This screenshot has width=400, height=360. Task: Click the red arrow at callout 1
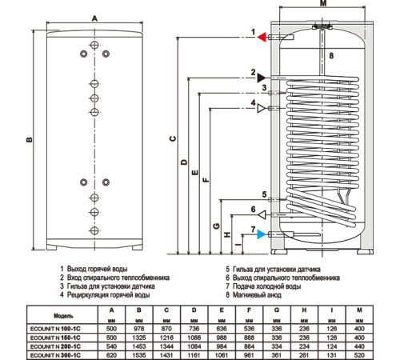(x=262, y=37)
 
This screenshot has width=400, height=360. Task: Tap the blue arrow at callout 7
(x=262, y=234)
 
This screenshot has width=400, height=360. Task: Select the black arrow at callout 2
(x=262, y=78)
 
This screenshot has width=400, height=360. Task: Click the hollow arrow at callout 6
(x=262, y=214)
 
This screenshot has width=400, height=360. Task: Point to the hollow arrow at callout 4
(x=262, y=108)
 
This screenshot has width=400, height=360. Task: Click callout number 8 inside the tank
(x=331, y=55)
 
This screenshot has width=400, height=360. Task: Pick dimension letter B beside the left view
(x=30, y=139)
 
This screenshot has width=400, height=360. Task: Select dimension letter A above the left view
(x=94, y=18)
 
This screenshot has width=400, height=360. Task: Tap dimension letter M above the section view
(x=323, y=3)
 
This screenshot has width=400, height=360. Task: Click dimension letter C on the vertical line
(x=173, y=138)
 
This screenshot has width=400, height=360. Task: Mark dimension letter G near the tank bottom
(x=217, y=226)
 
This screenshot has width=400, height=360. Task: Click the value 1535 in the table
(x=139, y=355)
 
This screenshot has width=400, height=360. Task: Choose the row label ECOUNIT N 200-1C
(x=55, y=346)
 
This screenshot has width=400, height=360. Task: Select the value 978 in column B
(x=139, y=329)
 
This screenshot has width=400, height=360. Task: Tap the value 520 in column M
(x=359, y=355)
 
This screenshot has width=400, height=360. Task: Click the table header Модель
(x=63, y=316)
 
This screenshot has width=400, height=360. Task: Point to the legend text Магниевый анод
(x=257, y=294)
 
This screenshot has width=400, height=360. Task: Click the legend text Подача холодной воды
(x=266, y=286)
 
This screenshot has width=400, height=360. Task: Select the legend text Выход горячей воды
(x=97, y=269)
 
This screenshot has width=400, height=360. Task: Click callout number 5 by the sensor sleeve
(x=264, y=194)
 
